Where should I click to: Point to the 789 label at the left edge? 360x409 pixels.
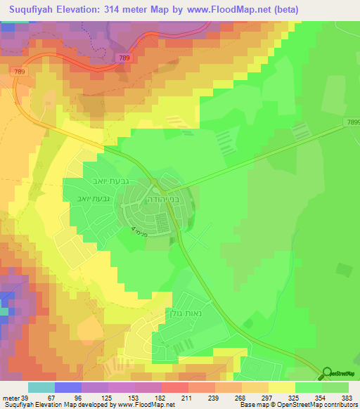18,71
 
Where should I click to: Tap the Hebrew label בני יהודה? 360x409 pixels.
167,199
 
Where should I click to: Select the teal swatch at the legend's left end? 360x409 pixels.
41,387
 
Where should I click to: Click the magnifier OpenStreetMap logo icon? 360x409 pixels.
328,375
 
